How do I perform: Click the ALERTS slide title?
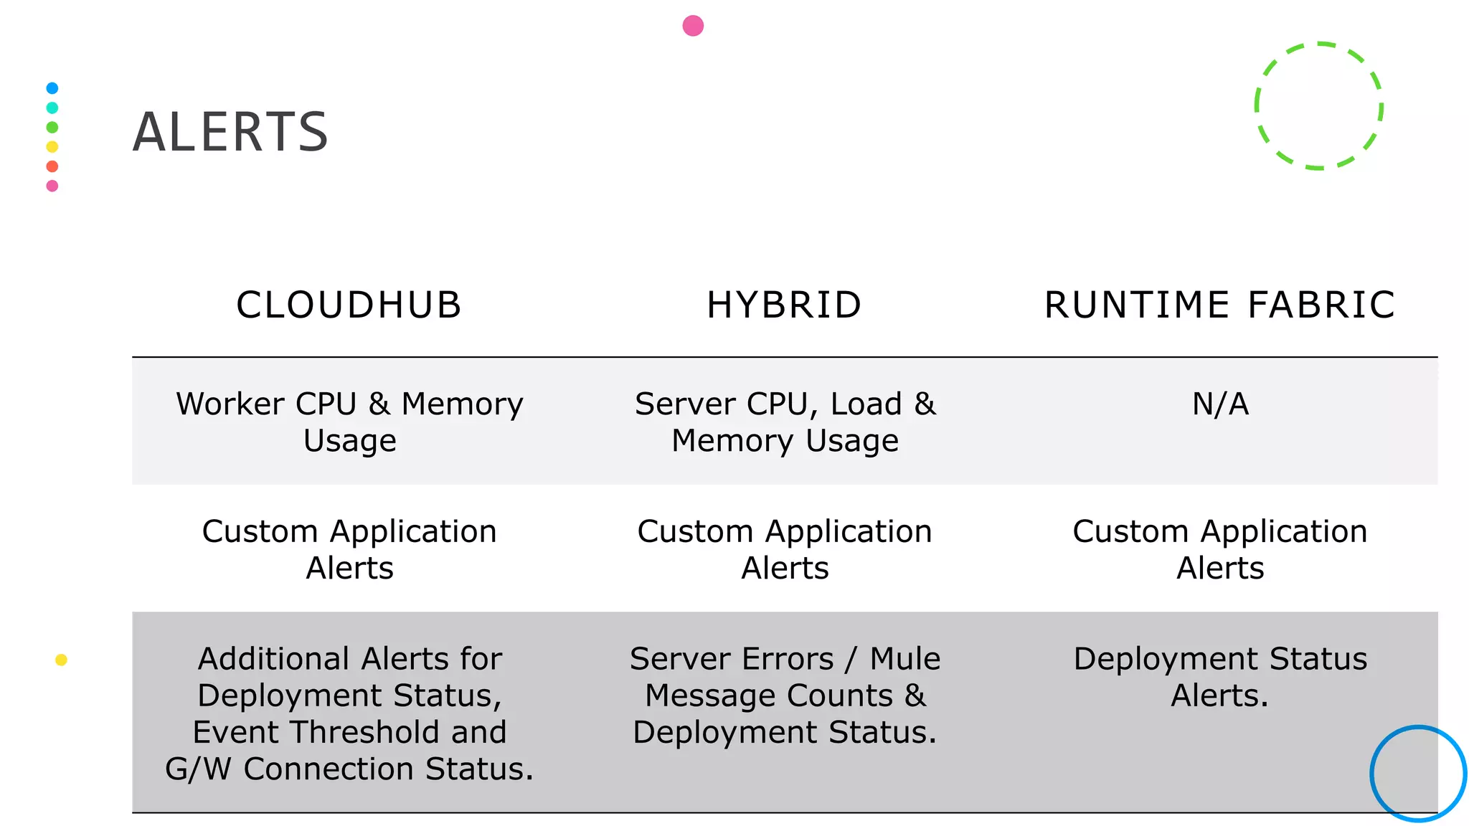pos(230,133)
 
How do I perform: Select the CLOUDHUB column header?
pos(349,305)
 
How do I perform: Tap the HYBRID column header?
pos(784,305)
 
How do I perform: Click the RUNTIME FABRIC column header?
pos(1219,305)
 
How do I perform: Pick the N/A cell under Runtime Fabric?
pos(1220,404)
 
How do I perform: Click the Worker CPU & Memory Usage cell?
pos(349,422)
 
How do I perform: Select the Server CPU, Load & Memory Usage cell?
pos(785,422)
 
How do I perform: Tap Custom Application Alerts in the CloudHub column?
pos(349,549)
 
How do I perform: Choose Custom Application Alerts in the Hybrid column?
pos(785,549)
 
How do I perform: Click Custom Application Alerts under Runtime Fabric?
pos(1219,549)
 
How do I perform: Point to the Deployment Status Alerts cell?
pos(1219,677)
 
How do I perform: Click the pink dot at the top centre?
pos(693,26)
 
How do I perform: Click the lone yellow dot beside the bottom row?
pos(61,660)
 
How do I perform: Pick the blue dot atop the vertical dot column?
pos(52,88)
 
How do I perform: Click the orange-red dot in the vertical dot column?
pos(52,166)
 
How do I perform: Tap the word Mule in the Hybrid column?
pos(904,659)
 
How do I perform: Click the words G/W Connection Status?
pos(349,769)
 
